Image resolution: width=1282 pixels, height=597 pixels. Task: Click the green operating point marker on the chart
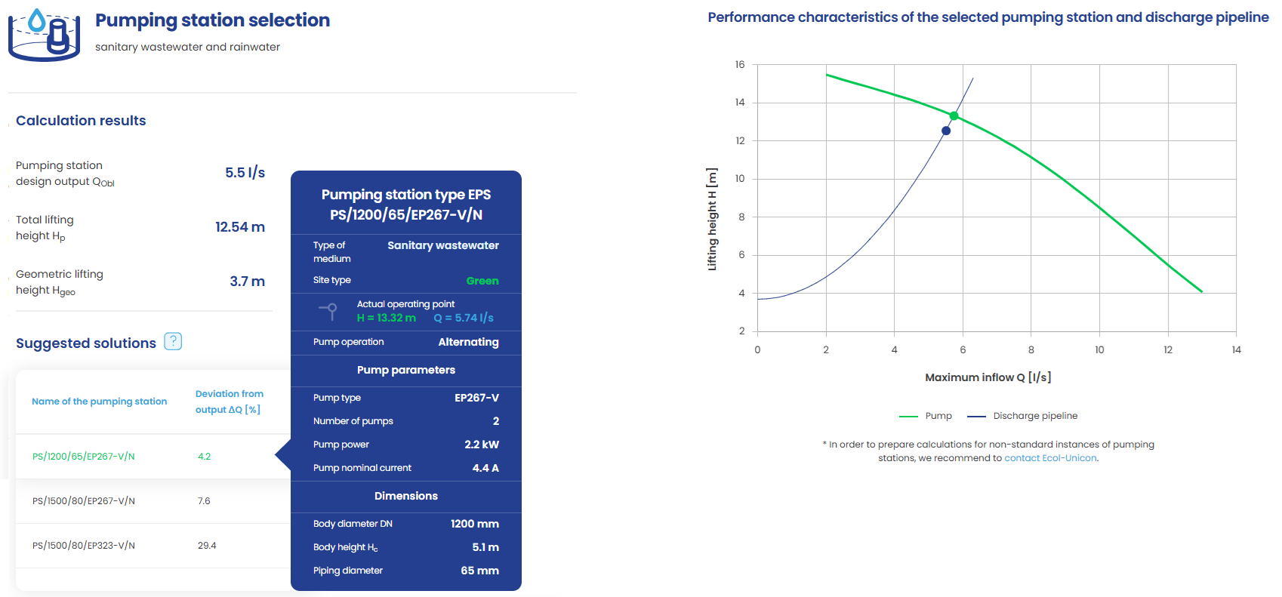click(x=954, y=115)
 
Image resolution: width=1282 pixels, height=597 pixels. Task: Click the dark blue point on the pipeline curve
click(x=946, y=131)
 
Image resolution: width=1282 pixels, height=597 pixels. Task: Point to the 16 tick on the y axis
click(x=740, y=65)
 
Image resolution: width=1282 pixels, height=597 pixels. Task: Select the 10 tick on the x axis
click(x=1099, y=350)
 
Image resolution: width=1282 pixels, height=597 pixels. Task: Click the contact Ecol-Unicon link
click(x=1050, y=458)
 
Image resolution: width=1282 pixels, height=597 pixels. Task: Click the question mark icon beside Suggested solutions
click(x=173, y=341)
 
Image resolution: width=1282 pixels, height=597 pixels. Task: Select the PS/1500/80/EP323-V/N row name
click(x=84, y=546)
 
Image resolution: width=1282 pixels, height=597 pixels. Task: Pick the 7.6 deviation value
click(x=204, y=501)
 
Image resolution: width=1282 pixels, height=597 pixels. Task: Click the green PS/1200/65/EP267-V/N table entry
click(x=84, y=457)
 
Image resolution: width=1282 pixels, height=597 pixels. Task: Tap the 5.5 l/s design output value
click(x=245, y=173)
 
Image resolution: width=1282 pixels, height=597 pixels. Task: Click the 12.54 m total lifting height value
click(x=240, y=227)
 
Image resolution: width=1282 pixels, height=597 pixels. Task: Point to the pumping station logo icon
click(x=45, y=35)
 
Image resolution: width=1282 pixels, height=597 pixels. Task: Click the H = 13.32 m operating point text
click(x=386, y=319)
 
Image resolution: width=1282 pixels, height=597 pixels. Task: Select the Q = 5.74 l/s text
click(x=464, y=319)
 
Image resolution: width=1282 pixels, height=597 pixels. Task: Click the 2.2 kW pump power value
click(x=482, y=445)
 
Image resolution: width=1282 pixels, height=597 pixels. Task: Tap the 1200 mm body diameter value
click(x=475, y=524)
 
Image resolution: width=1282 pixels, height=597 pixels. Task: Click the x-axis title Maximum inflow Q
click(x=988, y=377)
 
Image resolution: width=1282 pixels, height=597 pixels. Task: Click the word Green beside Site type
click(x=482, y=281)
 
